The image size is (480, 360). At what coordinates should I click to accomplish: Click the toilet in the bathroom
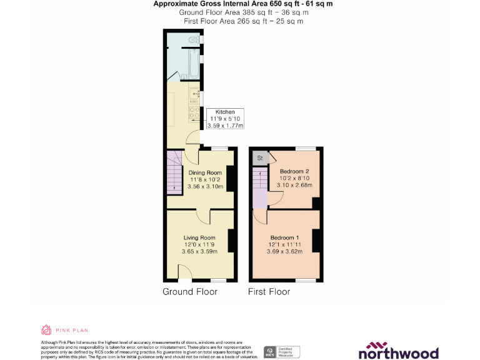(193, 39)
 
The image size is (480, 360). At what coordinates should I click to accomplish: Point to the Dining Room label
(205, 179)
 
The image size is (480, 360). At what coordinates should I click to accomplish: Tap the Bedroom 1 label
(284, 244)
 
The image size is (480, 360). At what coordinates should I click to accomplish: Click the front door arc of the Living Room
(185, 272)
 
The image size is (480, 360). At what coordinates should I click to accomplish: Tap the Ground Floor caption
(190, 292)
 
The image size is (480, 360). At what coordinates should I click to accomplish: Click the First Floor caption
(269, 292)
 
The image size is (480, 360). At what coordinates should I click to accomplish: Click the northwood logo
(398, 351)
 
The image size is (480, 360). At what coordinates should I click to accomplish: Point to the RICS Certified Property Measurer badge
(282, 352)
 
